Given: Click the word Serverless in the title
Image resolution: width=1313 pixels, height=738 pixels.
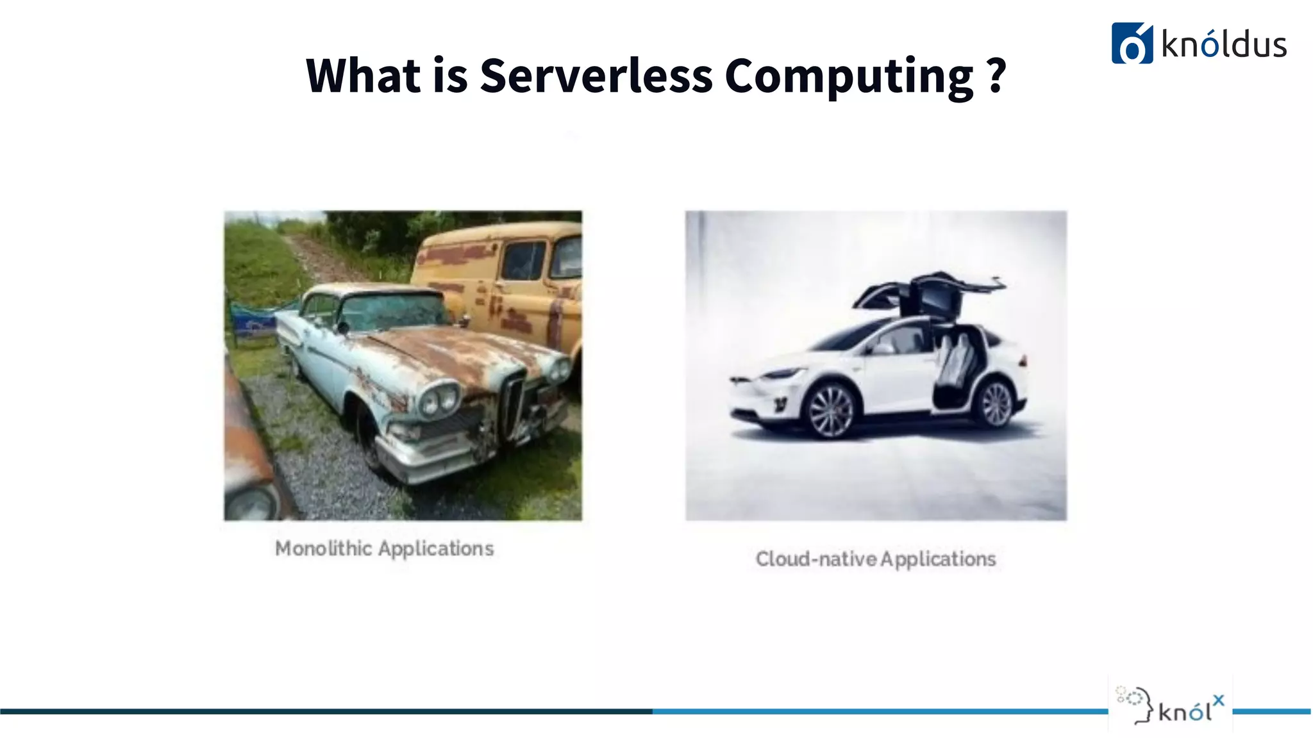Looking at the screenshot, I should pos(596,76).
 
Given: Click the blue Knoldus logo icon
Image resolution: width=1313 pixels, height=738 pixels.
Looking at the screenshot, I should pos(1132,44).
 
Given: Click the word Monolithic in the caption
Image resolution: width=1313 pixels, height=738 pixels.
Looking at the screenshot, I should pos(323,548).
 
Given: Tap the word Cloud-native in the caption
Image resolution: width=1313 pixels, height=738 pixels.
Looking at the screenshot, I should pos(815,559).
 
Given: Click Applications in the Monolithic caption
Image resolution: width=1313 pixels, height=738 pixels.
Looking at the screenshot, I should pos(436,549).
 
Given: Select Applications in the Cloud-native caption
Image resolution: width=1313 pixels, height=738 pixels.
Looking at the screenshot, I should pos(938,559).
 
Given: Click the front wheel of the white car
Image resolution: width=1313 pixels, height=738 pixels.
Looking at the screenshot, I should pos(832,410).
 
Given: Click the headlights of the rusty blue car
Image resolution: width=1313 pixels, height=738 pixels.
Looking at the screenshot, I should pos(439,400).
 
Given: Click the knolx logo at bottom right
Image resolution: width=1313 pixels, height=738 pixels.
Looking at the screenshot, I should pos(1171,705).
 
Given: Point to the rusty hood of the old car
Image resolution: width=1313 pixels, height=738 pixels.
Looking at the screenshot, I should pos(462,352).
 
